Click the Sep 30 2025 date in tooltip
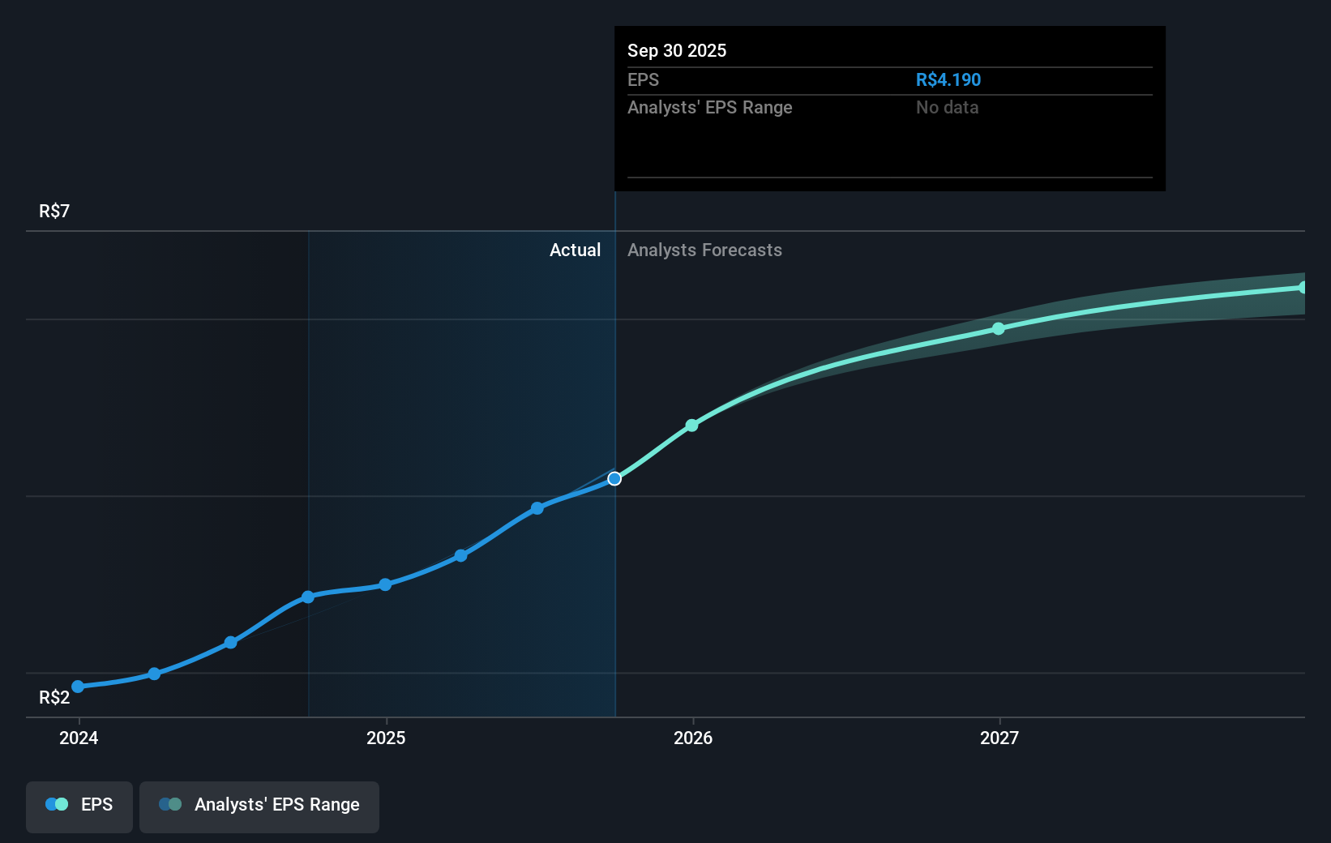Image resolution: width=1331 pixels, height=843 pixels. coord(677,50)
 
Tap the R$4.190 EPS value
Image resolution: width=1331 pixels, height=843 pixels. coord(948,79)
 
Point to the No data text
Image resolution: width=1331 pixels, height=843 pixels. coord(947,107)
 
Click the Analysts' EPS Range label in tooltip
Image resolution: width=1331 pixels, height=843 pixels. coord(709,107)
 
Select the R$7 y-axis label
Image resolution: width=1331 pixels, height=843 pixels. coord(54,211)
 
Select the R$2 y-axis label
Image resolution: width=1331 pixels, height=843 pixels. coord(54,697)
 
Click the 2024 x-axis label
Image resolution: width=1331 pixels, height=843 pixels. coord(79,738)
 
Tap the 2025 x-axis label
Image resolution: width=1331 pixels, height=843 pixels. coord(386,738)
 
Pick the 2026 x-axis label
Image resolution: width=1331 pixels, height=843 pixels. coord(693,738)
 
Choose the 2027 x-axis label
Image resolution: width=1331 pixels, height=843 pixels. coord(999,738)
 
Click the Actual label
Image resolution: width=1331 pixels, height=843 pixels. coord(575,250)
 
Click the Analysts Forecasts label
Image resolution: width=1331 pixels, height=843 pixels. coord(704,250)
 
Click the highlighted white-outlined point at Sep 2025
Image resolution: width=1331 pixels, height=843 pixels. coord(614,478)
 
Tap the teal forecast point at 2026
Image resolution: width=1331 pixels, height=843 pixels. coord(691,425)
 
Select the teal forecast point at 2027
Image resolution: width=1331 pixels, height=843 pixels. coord(999,328)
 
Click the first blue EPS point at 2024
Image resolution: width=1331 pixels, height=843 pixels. coord(78,687)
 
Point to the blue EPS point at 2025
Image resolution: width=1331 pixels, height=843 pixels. coord(385,584)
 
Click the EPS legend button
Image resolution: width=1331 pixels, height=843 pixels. coord(79,806)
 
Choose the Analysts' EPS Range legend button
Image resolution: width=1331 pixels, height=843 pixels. coord(259,806)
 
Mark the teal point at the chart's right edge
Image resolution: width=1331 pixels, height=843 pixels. coord(1303,287)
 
